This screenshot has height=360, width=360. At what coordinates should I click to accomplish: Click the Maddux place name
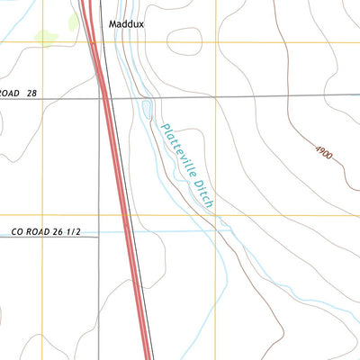click(x=127, y=24)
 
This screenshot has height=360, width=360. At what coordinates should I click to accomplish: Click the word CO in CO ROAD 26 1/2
click(x=18, y=232)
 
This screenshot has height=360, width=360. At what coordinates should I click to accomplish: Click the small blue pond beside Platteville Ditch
click(x=147, y=111)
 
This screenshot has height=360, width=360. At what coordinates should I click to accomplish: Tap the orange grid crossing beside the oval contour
click(x=216, y=41)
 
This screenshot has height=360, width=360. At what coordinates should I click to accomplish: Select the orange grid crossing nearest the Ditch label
click(x=216, y=216)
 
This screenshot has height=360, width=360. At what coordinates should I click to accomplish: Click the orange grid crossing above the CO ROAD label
click(x=41, y=216)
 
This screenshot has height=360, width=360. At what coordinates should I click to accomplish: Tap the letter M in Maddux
click(x=112, y=24)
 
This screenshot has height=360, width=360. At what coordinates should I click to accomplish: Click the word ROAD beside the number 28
click(x=9, y=93)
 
